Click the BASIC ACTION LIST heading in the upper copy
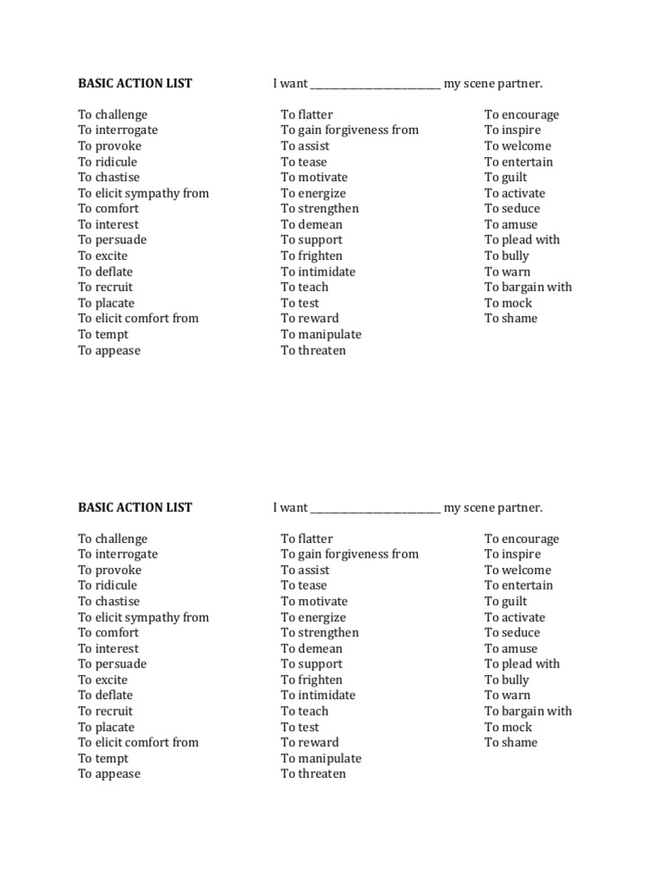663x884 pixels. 135,84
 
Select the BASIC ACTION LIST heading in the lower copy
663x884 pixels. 135,508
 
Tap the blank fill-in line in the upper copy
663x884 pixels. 376,85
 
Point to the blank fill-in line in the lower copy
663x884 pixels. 376,509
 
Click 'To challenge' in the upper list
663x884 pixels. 113,115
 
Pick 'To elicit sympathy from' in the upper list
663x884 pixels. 143,193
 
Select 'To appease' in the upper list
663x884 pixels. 110,350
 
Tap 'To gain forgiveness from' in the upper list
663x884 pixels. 350,130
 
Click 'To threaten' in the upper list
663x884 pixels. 313,350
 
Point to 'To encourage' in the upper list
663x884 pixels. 521,115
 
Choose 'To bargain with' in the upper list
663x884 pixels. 528,287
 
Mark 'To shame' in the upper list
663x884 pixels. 511,319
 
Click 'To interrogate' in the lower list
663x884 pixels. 118,554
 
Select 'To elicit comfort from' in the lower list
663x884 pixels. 138,742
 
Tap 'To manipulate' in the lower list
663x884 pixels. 321,759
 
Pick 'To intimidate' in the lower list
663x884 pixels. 318,696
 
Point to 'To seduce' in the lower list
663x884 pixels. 512,633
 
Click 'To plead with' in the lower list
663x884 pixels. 522,664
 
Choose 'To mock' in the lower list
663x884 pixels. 508,727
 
